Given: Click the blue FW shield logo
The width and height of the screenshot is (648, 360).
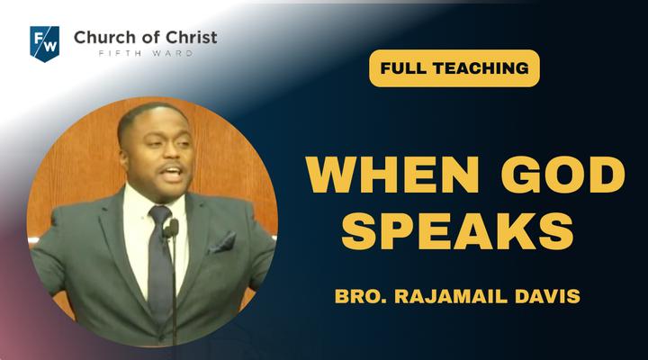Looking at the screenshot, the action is [45, 44].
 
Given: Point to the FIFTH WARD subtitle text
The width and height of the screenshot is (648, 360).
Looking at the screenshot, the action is [146, 53].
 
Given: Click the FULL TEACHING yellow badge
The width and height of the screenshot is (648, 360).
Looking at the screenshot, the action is [454, 68].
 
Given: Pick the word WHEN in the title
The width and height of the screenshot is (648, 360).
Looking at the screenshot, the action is [392, 175].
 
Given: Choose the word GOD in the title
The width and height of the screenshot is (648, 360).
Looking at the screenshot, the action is [562, 175].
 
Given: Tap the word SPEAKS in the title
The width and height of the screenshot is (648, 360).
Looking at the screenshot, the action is [458, 231].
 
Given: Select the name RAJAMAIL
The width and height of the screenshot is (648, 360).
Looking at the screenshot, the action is [451, 296].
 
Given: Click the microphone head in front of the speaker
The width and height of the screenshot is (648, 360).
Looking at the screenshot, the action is [171, 229].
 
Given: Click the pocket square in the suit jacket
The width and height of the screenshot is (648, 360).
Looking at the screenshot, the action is [222, 243].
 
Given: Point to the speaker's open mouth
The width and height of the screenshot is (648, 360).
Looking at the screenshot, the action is [174, 173].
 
